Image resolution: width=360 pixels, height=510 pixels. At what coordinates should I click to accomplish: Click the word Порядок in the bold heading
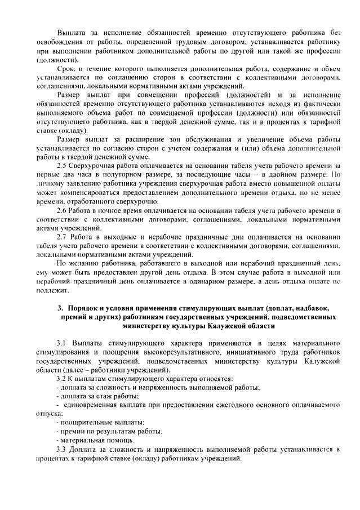click(x=86, y=308)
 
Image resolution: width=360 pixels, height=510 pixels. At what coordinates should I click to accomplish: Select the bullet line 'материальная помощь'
click(x=90, y=440)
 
